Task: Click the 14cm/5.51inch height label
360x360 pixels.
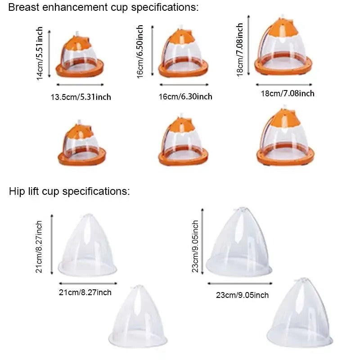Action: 40,54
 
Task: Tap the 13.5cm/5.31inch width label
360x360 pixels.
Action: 81,97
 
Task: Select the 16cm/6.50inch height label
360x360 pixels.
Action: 140,52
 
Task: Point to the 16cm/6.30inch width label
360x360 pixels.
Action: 185,96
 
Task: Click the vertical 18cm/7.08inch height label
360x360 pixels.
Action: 239,49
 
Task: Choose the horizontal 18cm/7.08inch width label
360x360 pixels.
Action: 288,94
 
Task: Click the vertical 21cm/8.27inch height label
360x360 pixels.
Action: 39,247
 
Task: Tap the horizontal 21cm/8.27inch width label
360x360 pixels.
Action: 85,292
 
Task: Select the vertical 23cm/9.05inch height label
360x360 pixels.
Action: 195,246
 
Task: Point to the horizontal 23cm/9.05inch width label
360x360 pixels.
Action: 242,295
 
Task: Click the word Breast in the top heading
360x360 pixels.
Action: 24,7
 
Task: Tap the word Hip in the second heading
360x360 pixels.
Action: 17,191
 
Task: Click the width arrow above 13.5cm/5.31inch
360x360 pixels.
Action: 80,85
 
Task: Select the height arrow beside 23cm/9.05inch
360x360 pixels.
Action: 202,241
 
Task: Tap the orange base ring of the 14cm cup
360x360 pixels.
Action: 80,68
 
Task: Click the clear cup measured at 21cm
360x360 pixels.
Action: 87,245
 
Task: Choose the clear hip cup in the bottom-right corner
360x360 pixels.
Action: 300,312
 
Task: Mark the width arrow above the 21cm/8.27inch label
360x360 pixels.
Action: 88,283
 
